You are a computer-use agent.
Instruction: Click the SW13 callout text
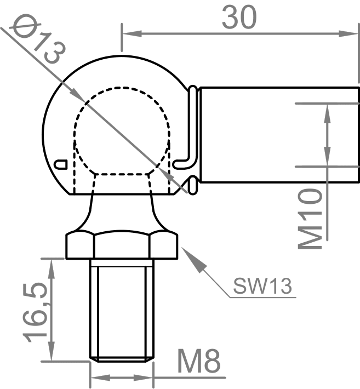coord(261,285)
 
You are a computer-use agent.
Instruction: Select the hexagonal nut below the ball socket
coord(122,246)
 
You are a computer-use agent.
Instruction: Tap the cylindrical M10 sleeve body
coord(274,135)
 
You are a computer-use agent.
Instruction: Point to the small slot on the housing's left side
coord(61,163)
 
